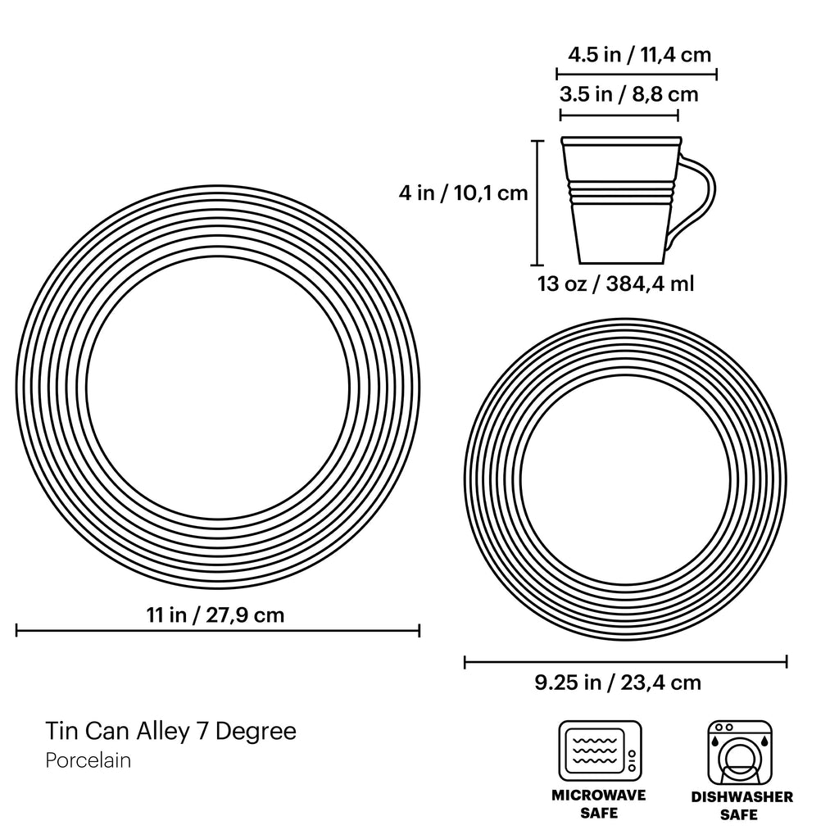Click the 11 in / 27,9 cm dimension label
pyautogui.click(x=215, y=615)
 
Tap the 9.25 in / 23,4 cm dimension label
pyautogui.click(x=618, y=682)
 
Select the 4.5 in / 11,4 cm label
pyautogui.click(x=639, y=55)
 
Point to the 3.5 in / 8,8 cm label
pyautogui.click(x=628, y=94)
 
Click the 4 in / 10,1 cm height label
pyautogui.click(x=463, y=193)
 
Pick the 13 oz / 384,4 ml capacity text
pyautogui.click(x=615, y=283)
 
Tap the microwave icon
pyautogui.click(x=600, y=751)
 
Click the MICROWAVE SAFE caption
pyautogui.click(x=599, y=804)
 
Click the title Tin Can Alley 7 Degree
pyautogui.click(x=170, y=730)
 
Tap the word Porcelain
pyautogui.click(x=88, y=760)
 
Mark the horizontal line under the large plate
pyautogui.click(x=218, y=630)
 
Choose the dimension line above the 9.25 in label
pyautogui.click(x=625, y=661)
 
